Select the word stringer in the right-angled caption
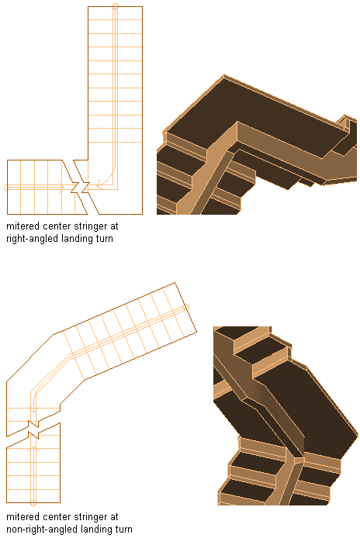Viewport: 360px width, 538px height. click(x=91, y=227)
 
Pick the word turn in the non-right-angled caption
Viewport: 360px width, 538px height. click(x=123, y=529)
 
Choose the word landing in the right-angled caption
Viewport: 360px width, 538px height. click(x=74, y=239)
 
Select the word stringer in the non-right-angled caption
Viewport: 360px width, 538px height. click(x=91, y=517)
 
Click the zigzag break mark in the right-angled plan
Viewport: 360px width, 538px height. click(x=81, y=188)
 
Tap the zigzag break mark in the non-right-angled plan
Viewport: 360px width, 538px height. click(x=33, y=429)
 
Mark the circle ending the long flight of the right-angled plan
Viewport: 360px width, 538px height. click(x=116, y=5)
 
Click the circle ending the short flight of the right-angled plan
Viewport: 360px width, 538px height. click(x=6, y=188)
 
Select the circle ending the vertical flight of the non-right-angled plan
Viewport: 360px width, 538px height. click(x=33, y=503)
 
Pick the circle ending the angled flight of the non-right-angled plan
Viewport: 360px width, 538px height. click(x=187, y=307)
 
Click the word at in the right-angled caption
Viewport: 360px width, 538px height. click(x=115, y=227)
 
